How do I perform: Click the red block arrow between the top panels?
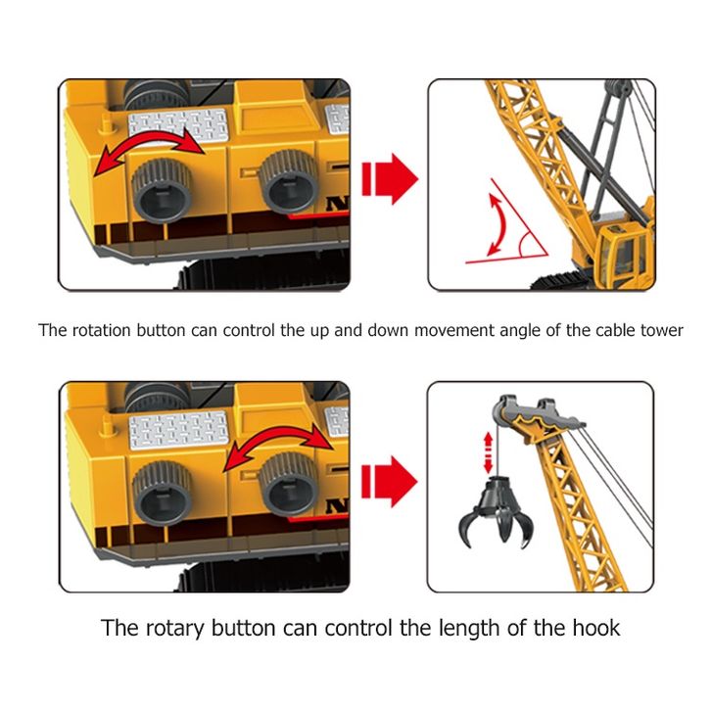click(x=388, y=179)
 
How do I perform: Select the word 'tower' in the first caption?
click(x=659, y=330)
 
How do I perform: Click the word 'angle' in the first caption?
click(x=492, y=330)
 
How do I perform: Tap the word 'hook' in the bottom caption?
click(x=593, y=627)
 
